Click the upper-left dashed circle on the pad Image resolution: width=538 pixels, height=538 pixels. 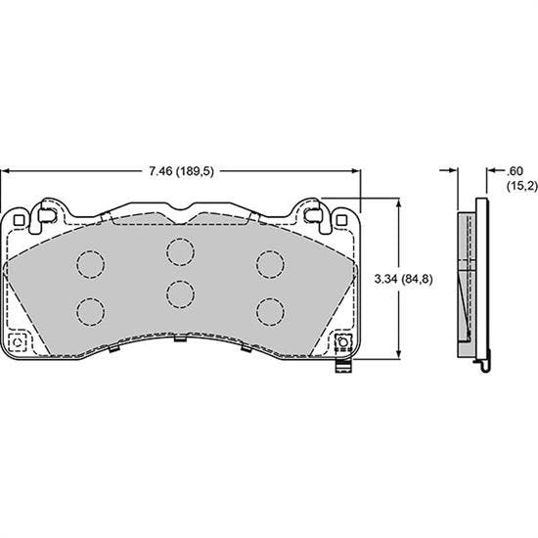click(90, 263)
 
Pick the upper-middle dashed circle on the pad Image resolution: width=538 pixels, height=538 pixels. click(179, 251)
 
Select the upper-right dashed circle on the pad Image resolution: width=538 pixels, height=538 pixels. click(270, 263)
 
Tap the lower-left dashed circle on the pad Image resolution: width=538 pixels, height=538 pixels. click(90, 310)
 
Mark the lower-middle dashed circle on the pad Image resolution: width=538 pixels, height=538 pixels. click(179, 293)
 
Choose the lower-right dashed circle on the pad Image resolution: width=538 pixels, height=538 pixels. click(270, 310)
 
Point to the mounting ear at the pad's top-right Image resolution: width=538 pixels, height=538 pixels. click(315, 215)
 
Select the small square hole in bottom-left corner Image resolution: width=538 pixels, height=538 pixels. click(17, 342)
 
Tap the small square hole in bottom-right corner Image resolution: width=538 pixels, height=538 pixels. click(343, 342)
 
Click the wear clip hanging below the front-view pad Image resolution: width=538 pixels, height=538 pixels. click(341, 369)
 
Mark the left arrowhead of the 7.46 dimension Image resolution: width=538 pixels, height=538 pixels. click(6, 170)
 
